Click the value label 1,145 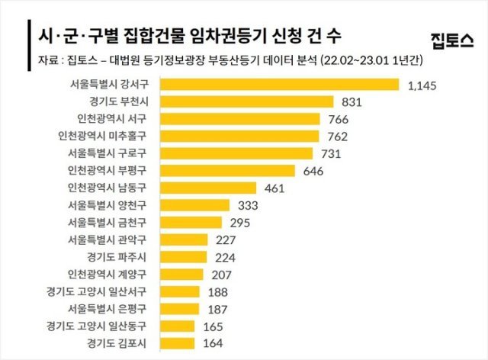pyautogui.click(x=422, y=85)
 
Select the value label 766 pyautogui.click(x=338, y=119)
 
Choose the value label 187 pyautogui.click(x=219, y=308)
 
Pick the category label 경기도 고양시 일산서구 pyautogui.click(x=101, y=291)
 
